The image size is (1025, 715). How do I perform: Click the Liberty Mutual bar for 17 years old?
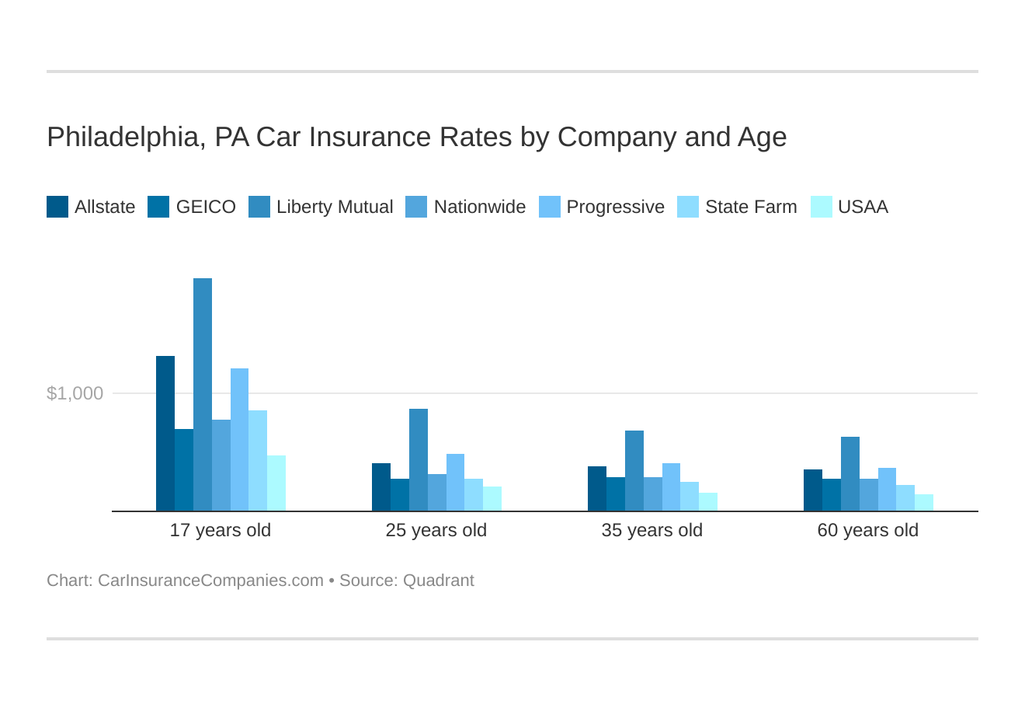pos(203,395)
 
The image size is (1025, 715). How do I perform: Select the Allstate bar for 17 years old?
pos(165,434)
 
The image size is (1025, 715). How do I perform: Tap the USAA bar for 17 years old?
pos(276,483)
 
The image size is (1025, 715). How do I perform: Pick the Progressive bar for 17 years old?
pos(239,440)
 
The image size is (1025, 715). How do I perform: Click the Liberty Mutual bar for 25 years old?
pos(419,460)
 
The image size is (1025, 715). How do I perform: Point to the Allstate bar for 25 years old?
pos(381,487)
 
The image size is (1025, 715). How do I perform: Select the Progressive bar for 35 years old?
pos(671,487)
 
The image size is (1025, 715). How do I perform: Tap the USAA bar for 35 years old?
pos(708,502)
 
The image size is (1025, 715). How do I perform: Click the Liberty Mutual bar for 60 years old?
pos(850,474)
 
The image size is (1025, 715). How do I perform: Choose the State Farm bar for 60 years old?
pos(905,498)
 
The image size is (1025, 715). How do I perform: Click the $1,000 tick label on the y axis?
pos(75,393)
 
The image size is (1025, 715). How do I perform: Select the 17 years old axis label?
pos(221,530)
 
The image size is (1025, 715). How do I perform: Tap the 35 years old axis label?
pos(652,530)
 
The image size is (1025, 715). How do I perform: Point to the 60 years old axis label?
pos(868,530)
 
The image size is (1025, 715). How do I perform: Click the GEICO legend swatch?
pos(158,207)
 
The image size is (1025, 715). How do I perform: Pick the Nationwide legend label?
pos(479,207)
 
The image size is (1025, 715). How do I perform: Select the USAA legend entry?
pos(850,207)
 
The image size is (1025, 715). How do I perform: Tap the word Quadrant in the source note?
pos(439,581)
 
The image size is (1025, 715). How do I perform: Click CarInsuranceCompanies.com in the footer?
pos(210,581)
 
